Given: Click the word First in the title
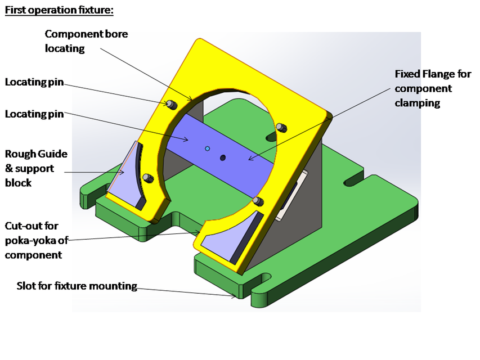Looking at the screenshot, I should [16, 10].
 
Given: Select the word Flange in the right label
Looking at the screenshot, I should [436, 74].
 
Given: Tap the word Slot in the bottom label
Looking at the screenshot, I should [26, 286].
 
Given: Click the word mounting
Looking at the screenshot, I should [116, 286].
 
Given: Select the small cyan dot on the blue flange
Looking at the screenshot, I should [208, 148].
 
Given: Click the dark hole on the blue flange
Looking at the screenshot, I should [223, 157].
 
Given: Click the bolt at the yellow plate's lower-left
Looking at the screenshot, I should [147, 178].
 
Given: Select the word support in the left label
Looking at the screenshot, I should [34, 168].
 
